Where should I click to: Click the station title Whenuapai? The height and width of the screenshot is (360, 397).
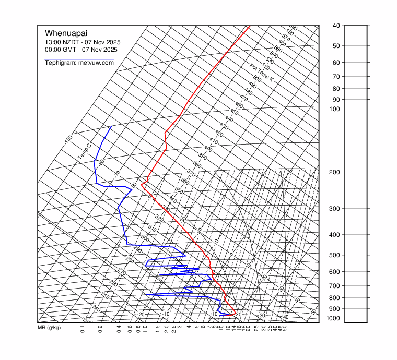click(x=66, y=32)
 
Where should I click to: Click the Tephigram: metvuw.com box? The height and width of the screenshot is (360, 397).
click(x=79, y=63)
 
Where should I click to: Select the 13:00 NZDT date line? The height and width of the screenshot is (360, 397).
click(x=80, y=42)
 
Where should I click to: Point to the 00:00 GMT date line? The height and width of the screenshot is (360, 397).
click(x=81, y=50)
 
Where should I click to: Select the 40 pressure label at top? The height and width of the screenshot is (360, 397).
click(x=336, y=26)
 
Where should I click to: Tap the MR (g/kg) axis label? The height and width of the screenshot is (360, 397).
click(x=49, y=328)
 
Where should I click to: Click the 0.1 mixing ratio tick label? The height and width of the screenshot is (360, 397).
click(x=83, y=329)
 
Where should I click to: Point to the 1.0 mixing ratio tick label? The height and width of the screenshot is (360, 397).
click(x=145, y=329)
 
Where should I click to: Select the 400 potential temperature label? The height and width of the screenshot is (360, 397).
click(x=208, y=149)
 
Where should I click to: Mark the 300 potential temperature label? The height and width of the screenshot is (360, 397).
click(x=145, y=238)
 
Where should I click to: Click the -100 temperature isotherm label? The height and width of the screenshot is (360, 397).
click(x=68, y=140)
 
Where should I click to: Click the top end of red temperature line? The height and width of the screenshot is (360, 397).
click(x=250, y=26)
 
